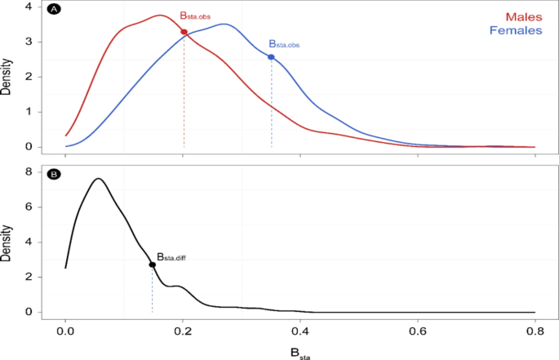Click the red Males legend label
click(524, 16)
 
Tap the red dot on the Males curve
click(184, 32)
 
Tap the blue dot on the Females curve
click(271, 57)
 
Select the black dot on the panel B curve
click(152, 264)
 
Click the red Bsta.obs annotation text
click(196, 16)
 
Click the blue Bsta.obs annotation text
click(284, 45)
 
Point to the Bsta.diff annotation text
click(172, 256)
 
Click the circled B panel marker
click(54, 175)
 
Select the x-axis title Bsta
click(299, 353)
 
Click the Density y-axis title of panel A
click(7, 78)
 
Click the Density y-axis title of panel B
click(7, 242)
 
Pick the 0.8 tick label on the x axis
click(535, 332)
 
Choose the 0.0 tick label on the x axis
click(65, 332)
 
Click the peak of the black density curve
click(98, 178)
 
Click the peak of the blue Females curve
click(224, 24)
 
